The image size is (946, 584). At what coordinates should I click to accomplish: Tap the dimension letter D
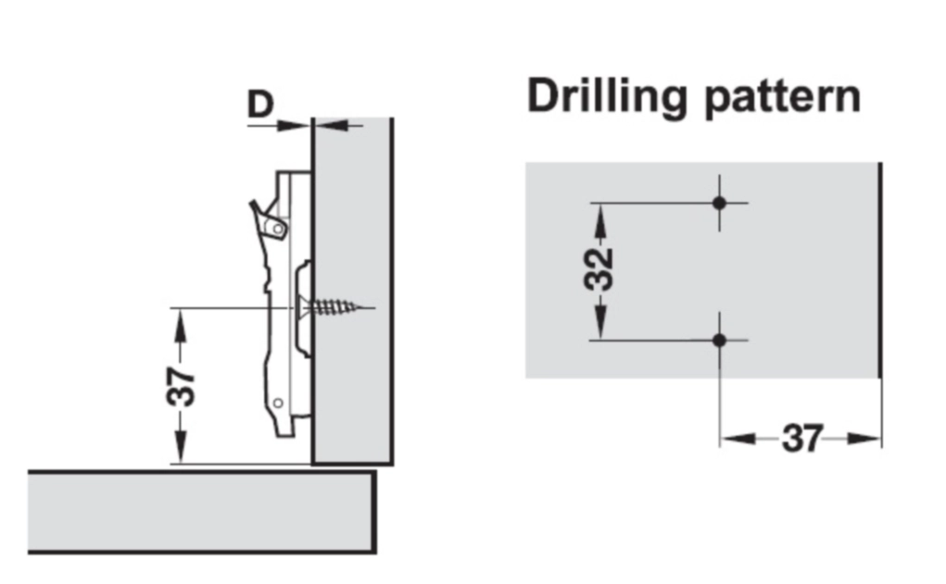[260, 104]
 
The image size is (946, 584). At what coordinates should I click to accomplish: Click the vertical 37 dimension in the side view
[183, 386]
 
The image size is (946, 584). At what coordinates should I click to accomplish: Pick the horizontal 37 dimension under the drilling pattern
[801, 438]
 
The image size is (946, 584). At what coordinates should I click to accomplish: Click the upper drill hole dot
[719, 203]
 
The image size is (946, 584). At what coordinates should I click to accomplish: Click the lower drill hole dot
[719, 341]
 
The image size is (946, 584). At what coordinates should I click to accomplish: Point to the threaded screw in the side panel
[339, 306]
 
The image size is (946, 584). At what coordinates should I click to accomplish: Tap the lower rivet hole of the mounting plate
[277, 402]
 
